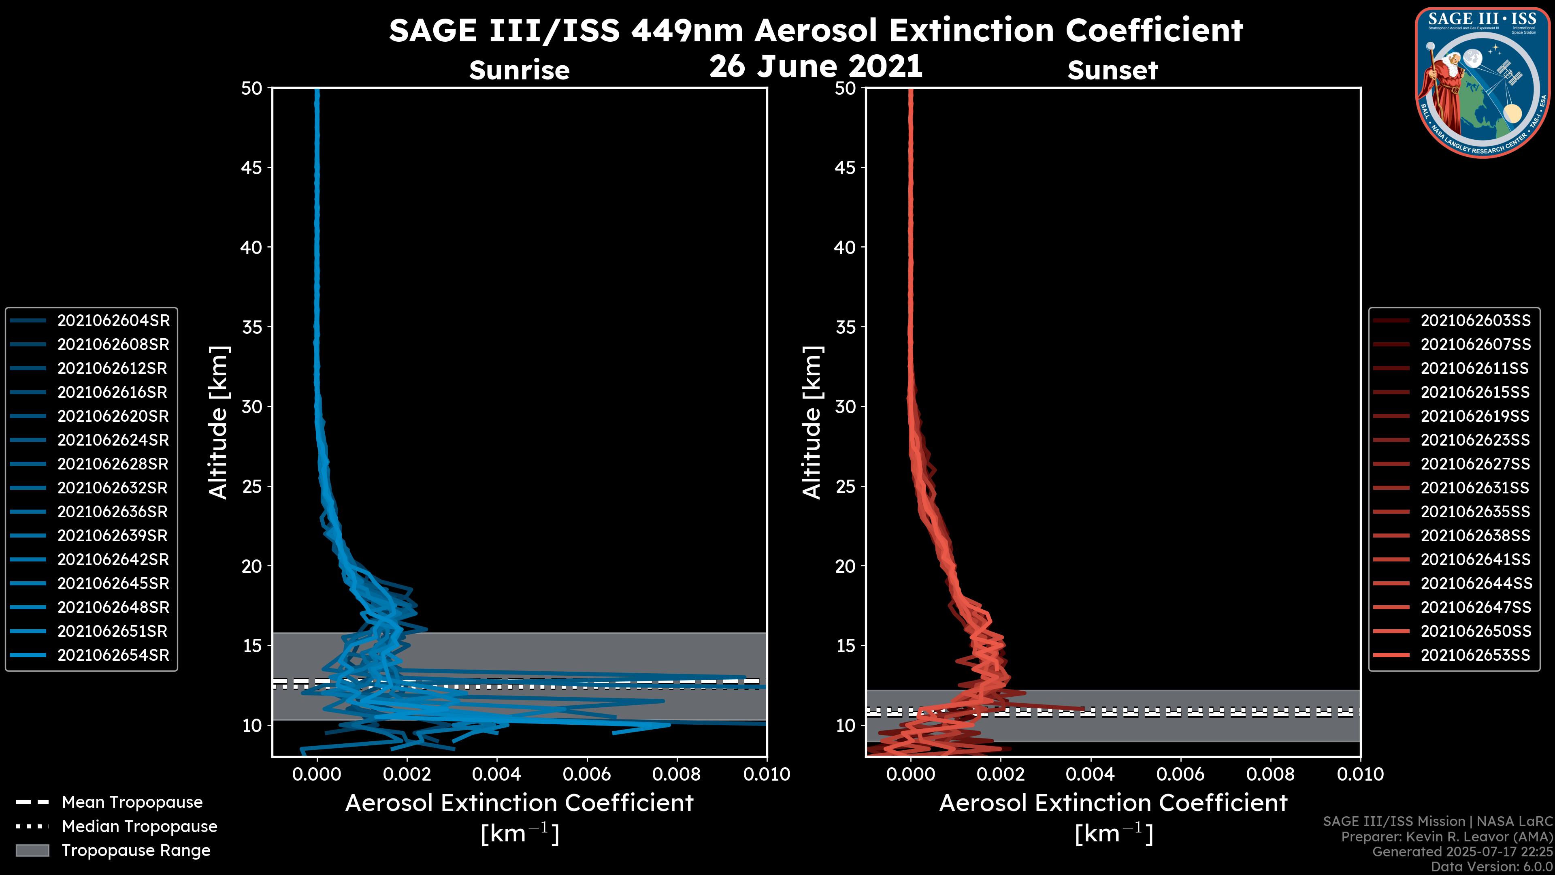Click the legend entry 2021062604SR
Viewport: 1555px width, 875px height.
click(x=113, y=321)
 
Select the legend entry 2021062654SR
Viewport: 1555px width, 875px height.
click(x=113, y=655)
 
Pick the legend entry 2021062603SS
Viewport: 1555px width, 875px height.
click(x=1475, y=321)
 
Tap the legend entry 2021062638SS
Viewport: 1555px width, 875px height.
click(x=1475, y=536)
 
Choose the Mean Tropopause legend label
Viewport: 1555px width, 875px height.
click(x=132, y=802)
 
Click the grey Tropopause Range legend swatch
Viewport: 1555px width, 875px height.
click(x=32, y=850)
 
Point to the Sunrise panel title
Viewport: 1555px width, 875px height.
click(x=519, y=70)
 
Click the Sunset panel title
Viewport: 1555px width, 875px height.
click(x=1112, y=70)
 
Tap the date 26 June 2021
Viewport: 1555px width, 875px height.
click(x=816, y=66)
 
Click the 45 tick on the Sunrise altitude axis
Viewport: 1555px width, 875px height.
click(x=252, y=168)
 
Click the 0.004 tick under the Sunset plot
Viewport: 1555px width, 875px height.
click(x=1091, y=774)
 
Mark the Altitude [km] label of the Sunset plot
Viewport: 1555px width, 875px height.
click(x=812, y=422)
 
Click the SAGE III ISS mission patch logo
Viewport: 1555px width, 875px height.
click(x=1483, y=82)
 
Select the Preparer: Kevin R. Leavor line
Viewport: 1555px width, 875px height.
click(x=1446, y=837)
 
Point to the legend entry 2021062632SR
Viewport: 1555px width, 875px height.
click(x=113, y=488)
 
